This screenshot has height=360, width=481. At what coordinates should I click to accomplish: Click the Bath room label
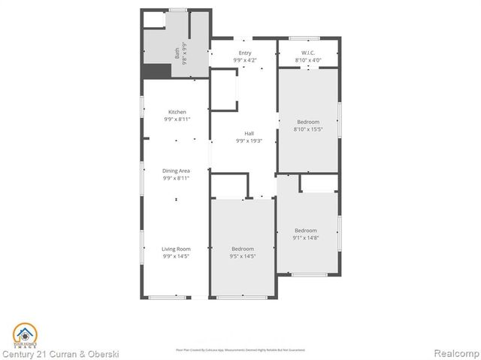pyautogui.click(x=177, y=49)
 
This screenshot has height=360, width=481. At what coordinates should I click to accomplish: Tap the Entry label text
pyautogui.click(x=244, y=53)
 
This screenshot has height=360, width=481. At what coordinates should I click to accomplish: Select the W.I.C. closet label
pyautogui.click(x=307, y=53)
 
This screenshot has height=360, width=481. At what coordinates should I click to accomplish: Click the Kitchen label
pyautogui.click(x=177, y=112)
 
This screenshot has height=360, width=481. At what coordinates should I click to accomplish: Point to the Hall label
pyautogui.click(x=249, y=134)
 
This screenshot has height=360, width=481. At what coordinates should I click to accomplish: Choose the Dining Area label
pyautogui.click(x=177, y=171)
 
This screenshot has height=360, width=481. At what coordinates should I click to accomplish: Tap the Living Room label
pyautogui.click(x=177, y=249)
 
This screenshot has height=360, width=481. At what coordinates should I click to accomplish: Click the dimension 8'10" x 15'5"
pyautogui.click(x=307, y=129)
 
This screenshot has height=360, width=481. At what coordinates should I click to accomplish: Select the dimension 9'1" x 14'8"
pyautogui.click(x=305, y=237)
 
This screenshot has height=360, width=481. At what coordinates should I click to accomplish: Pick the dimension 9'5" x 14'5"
pyautogui.click(x=242, y=256)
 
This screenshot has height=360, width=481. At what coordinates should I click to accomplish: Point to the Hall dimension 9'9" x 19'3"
pyautogui.click(x=249, y=141)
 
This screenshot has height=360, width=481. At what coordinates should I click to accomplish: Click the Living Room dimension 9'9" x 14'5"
pyautogui.click(x=177, y=256)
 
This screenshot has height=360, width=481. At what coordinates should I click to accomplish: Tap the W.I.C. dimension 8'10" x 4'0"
pyautogui.click(x=307, y=59)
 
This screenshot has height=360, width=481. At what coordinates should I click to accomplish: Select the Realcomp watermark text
pyautogui.click(x=455, y=352)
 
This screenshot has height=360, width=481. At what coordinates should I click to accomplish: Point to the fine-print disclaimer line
pyautogui.click(x=240, y=349)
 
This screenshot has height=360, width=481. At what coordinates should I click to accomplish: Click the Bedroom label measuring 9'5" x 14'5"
pyautogui.click(x=242, y=249)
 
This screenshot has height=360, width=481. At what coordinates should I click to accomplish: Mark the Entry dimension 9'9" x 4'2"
pyautogui.click(x=244, y=59)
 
